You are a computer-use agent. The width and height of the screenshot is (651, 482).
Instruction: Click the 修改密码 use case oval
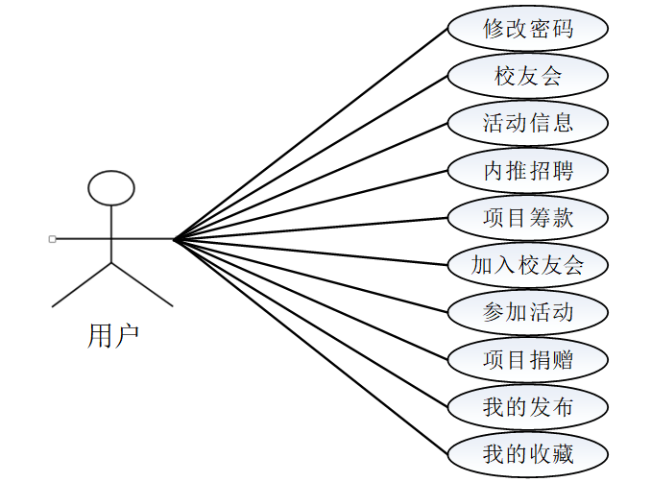528,29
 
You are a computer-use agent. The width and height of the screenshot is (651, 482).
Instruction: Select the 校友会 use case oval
528,76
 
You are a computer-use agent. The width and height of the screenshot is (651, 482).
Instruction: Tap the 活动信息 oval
528,123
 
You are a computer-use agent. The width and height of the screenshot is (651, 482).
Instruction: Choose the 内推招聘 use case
528,171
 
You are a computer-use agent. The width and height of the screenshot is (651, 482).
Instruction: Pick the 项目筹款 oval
528,218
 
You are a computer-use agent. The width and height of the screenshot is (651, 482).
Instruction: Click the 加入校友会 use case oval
528,265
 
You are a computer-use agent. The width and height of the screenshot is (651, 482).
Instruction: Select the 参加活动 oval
528,312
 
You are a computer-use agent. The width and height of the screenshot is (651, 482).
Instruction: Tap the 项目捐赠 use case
528,360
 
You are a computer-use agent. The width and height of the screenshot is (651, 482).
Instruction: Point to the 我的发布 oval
528,407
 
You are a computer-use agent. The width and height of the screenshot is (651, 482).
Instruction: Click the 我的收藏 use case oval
528,453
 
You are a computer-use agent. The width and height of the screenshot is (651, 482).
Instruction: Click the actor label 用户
112,335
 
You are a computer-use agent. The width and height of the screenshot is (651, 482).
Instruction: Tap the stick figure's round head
111,188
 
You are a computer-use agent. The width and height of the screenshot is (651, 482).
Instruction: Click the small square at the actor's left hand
52,238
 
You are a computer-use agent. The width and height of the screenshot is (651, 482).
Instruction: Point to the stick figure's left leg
83,284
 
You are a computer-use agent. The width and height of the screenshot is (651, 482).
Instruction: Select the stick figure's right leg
142,284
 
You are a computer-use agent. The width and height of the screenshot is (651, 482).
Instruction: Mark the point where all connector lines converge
175,238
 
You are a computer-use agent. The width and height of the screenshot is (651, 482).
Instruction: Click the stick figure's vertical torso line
111,234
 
